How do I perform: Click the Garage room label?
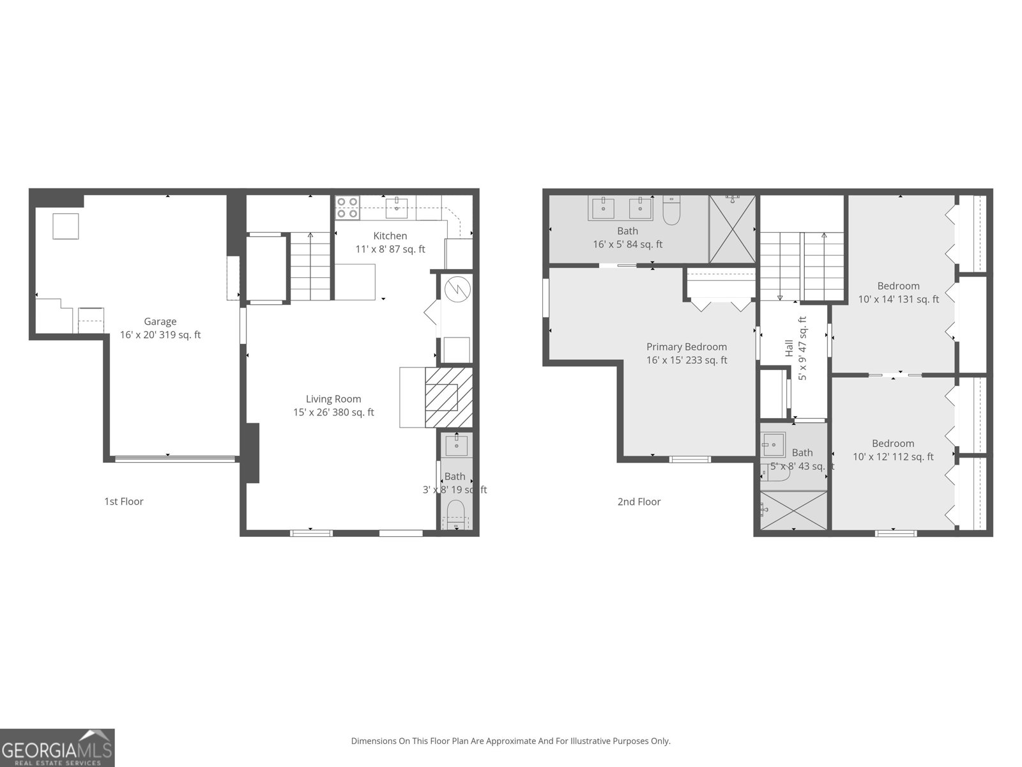[x=160, y=322]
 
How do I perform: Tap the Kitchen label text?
[x=390, y=236]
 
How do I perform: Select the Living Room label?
[x=333, y=399]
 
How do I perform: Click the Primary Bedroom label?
[x=686, y=347]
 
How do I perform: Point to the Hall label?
[x=789, y=348]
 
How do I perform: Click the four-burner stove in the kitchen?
[x=347, y=208]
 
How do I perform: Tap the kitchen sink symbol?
[x=397, y=205]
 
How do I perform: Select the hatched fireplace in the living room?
[x=449, y=397]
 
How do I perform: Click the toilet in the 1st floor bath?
[x=455, y=513]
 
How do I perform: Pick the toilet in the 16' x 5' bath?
[x=671, y=212]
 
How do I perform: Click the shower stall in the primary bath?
[x=733, y=228]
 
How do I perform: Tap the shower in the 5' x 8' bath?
[x=793, y=510]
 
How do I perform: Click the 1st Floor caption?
[x=124, y=502]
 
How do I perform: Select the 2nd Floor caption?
[x=639, y=502]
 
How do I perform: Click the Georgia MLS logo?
[x=57, y=747]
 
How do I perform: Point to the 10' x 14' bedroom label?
[x=898, y=286]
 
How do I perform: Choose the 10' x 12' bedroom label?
[x=893, y=444]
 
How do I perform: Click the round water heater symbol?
[x=457, y=290]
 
